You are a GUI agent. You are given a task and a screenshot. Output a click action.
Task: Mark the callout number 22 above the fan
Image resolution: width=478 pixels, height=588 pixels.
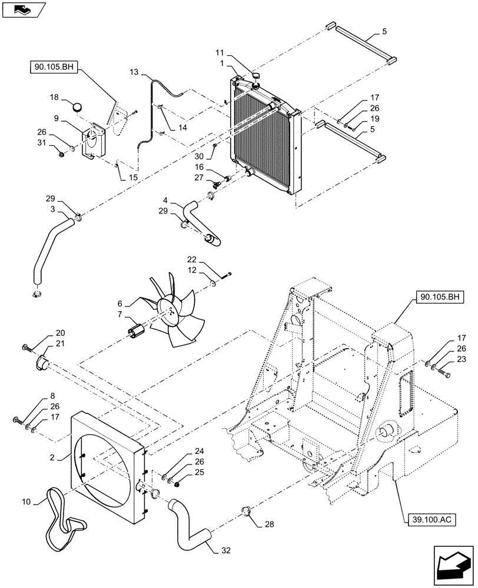191,259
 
